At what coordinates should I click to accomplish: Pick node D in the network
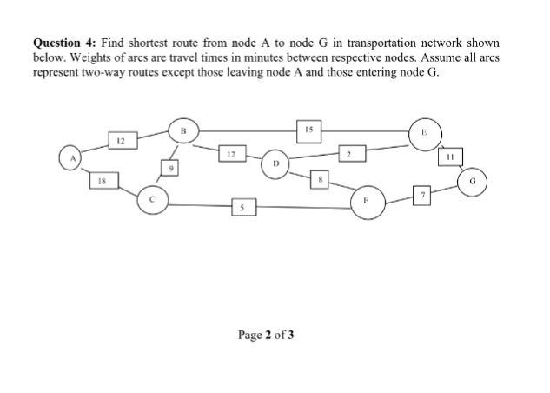tap(275, 163)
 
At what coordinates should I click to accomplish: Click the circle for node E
tap(426, 133)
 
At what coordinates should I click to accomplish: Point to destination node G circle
tap(474, 183)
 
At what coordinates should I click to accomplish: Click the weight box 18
tap(102, 181)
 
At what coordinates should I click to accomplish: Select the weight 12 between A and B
tap(122, 139)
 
